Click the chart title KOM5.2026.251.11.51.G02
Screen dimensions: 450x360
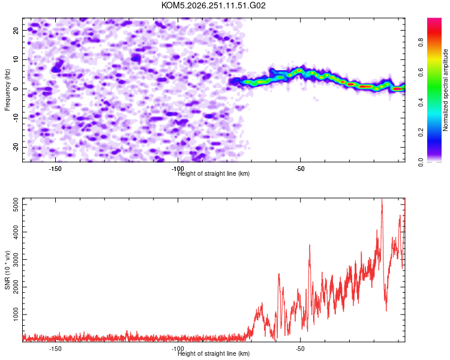[213, 5]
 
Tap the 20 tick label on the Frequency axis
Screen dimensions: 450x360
[16, 30]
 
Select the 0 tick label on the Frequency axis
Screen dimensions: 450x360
[16, 89]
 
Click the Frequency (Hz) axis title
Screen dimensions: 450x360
[7, 90]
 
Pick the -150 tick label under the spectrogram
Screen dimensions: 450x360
[55, 169]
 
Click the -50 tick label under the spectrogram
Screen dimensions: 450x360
[300, 169]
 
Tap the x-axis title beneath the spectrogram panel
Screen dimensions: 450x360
[214, 173]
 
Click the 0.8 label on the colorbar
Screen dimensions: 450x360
[421, 43]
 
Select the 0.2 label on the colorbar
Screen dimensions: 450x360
[421, 133]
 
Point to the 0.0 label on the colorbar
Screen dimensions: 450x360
[421, 162]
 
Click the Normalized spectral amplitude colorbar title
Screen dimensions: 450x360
[445, 90]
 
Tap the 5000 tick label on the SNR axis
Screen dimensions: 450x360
[16, 205]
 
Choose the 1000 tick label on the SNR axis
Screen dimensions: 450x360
[16, 314]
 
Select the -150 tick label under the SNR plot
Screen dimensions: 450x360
[55, 349]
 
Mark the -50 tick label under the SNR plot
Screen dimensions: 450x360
[300, 349]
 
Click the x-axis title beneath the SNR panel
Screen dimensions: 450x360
[214, 353]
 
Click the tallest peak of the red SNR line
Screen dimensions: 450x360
[382, 199]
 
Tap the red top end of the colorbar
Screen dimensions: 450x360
[434, 19]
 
